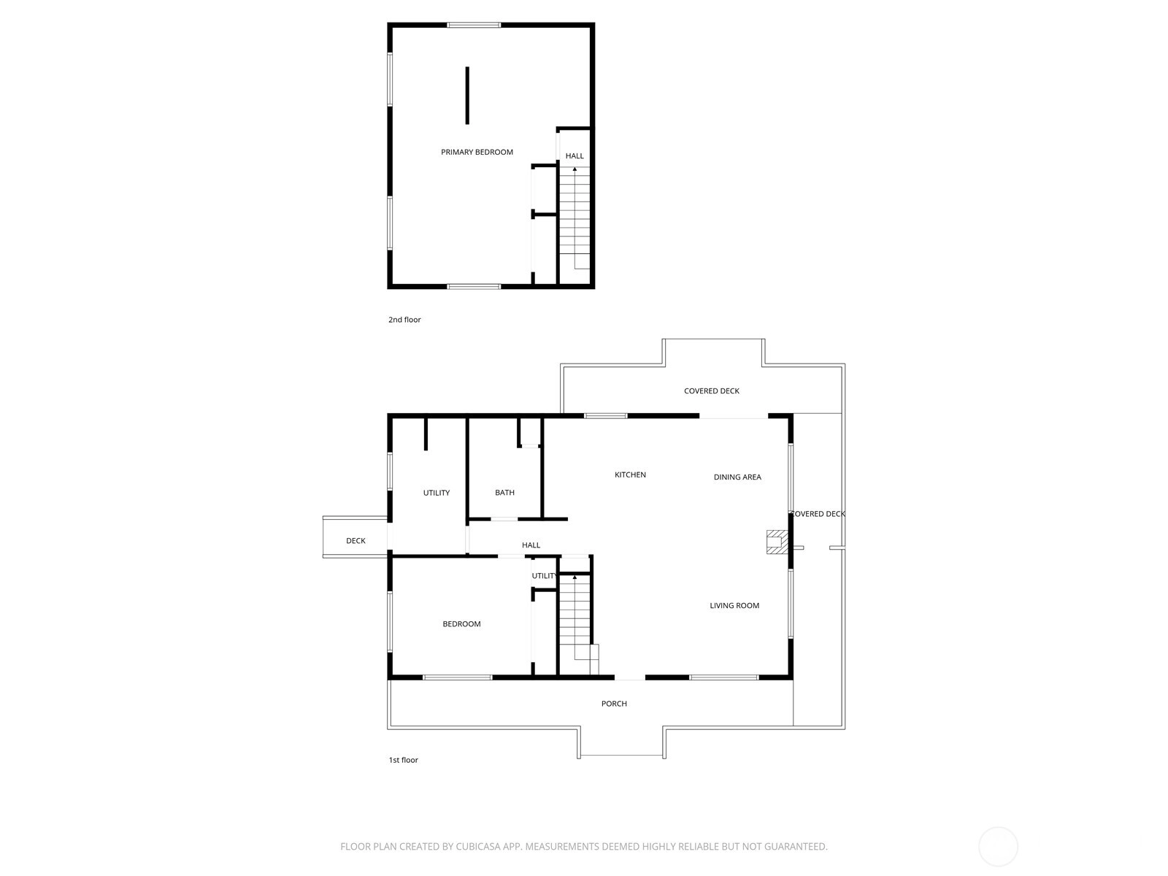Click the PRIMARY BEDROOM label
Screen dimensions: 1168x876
point(477,152)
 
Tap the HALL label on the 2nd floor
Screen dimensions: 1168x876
point(575,155)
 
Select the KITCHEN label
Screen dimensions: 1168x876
point(630,474)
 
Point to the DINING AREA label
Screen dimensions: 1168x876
point(737,477)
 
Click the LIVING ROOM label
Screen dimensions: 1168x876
point(734,605)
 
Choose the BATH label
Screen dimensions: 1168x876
point(504,493)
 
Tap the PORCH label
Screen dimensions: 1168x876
point(614,704)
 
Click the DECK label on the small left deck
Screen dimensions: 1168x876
point(356,541)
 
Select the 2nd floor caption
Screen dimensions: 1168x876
point(404,320)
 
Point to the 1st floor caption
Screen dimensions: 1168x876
point(404,760)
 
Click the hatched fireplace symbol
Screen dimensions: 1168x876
point(777,542)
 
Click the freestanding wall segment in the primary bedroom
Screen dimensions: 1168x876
point(467,95)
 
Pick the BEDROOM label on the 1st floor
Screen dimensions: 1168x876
point(461,624)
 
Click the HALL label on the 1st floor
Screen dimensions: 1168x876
point(531,545)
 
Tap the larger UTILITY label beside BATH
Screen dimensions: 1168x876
point(437,493)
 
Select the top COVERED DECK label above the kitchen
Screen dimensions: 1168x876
point(712,391)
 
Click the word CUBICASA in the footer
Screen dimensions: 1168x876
point(478,846)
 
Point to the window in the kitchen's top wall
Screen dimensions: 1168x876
point(606,416)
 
